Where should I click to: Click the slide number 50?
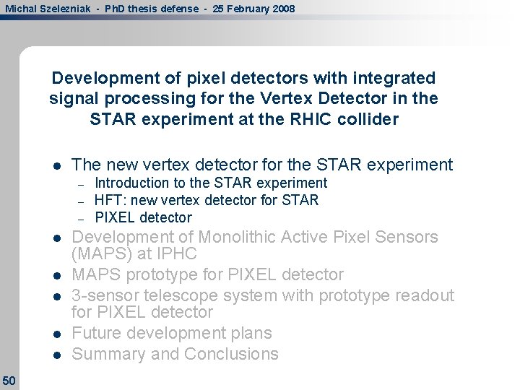[x=9, y=380]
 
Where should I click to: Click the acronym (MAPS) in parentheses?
[x=97, y=254]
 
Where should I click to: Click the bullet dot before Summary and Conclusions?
[x=55, y=355]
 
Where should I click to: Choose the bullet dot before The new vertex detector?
[x=55, y=165]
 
